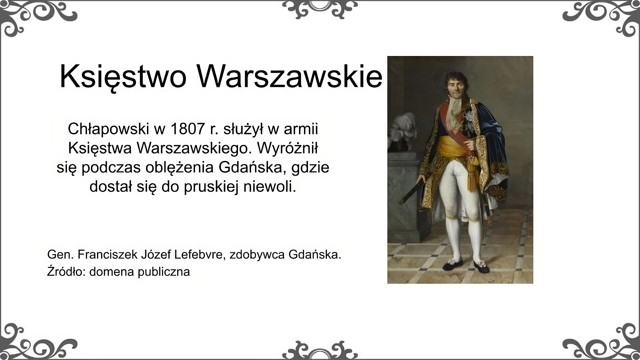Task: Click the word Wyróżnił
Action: coord(287,148)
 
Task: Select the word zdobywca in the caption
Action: coord(257,255)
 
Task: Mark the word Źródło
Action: coord(66,271)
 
